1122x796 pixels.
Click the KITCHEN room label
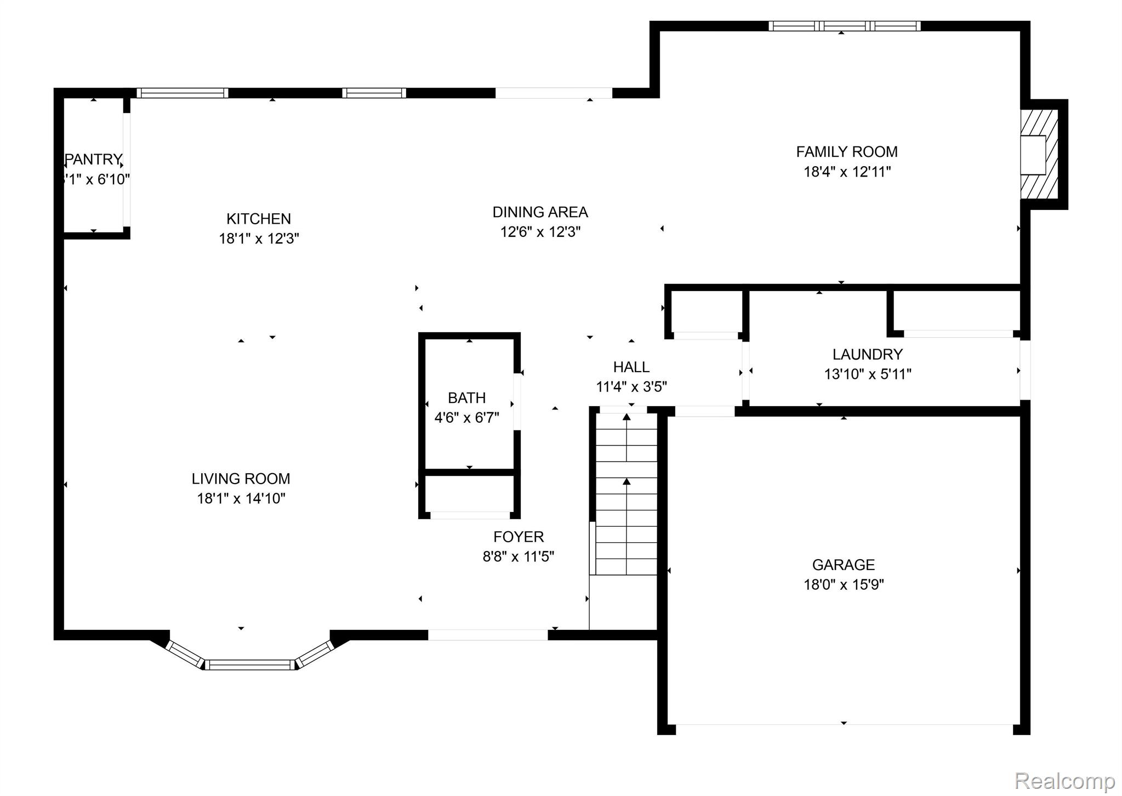pos(258,219)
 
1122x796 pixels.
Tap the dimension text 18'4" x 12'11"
pos(847,172)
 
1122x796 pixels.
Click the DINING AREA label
pos(540,212)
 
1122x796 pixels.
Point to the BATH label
pos(466,397)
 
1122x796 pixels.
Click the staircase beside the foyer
pos(626,493)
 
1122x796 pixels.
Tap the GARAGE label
pos(843,565)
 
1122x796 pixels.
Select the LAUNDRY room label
pos(867,354)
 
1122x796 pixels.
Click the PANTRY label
pos(94,160)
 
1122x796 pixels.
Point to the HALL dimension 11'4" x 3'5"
pos(631,387)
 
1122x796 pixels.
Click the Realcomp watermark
pos(1064,780)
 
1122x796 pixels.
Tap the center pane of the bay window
pos(250,665)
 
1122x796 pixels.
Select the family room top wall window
pos(844,26)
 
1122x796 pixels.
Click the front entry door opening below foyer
pos(487,635)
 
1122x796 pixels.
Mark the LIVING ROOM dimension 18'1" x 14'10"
pos(241,499)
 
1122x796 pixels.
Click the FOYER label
pos(519,537)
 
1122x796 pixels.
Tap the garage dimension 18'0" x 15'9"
pos(844,585)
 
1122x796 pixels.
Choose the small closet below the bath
pos(470,493)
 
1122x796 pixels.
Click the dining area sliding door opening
pos(554,93)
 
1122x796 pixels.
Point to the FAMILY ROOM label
pos(847,152)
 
